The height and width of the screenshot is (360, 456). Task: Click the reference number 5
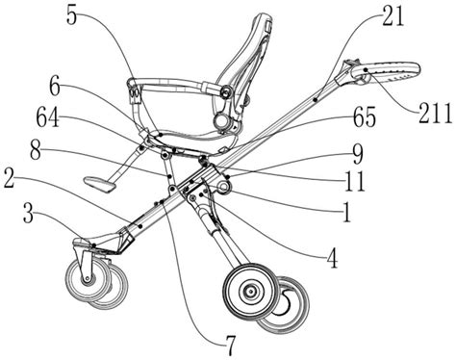(72, 14)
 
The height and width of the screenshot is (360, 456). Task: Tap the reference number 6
(55, 87)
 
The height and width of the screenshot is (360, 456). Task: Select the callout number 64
(48, 117)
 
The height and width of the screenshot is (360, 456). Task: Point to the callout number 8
(36, 150)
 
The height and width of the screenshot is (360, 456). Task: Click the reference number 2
(10, 181)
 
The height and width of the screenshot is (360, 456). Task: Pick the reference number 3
(29, 214)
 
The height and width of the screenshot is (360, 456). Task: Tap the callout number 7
(231, 347)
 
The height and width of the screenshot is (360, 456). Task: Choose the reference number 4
(333, 259)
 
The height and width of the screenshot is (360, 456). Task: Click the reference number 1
(346, 213)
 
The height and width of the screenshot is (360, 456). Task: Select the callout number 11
(355, 182)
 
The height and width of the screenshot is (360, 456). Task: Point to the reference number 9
(358, 154)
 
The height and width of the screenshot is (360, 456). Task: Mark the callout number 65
(365, 117)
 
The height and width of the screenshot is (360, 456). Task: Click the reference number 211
(435, 114)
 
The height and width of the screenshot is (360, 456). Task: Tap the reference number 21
(393, 15)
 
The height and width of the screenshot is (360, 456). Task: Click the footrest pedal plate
(100, 184)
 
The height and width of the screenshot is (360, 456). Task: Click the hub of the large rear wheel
(250, 292)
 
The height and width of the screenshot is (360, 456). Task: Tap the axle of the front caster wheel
(87, 278)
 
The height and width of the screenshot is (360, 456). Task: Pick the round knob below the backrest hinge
(222, 120)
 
